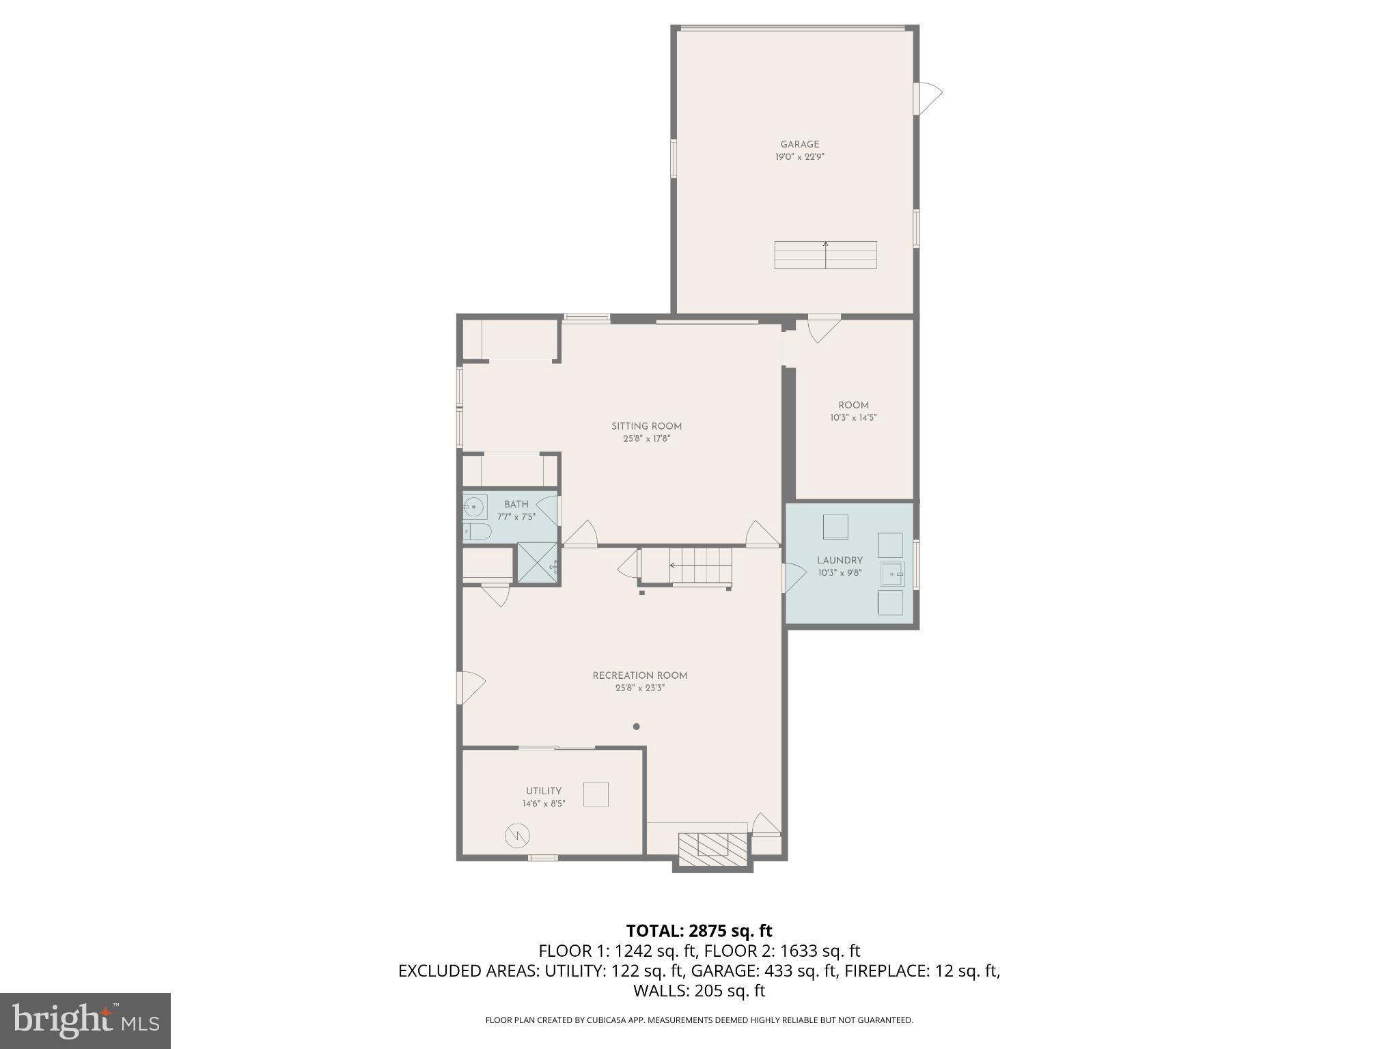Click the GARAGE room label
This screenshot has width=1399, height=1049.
tap(800, 144)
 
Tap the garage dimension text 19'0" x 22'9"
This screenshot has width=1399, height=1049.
tap(800, 157)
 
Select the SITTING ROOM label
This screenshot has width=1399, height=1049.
tap(646, 426)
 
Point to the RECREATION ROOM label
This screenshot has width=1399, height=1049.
tap(639, 675)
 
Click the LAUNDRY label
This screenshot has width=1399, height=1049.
tap(840, 560)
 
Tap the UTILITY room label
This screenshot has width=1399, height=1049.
tap(544, 791)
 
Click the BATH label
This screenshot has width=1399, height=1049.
tap(516, 504)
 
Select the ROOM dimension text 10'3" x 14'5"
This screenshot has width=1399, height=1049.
tap(853, 418)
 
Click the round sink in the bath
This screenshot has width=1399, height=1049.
tap(474, 507)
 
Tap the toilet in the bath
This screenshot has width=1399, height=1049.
tap(477, 531)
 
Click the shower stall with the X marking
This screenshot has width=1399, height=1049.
tap(537, 563)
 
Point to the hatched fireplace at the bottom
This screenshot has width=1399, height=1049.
tap(712, 851)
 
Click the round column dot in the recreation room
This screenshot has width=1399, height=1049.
tap(636, 727)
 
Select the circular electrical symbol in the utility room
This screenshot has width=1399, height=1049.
tap(517, 835)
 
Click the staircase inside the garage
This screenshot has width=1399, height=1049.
tap(825, 255)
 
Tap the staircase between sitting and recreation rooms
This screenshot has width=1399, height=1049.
tap(699, 565)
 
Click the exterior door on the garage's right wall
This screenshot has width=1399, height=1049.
tap(927, 98)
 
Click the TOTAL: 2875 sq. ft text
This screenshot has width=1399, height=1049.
tap(699, 931)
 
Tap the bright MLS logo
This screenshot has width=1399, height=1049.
tap(85, 1020)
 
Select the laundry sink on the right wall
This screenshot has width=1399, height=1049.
tap(892, 574)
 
